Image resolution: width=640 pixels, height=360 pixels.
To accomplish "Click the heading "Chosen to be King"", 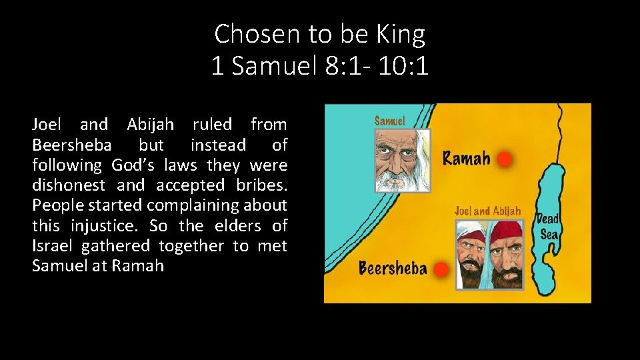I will (x=319, y=33).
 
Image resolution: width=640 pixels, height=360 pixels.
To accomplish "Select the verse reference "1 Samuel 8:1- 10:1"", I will (x=319, y=65).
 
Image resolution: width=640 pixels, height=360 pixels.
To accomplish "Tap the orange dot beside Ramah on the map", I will (x=505, y=159).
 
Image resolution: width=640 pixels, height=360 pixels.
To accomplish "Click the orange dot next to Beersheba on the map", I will (x=439, y=269).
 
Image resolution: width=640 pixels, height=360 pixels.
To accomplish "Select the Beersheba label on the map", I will (x=393, y=269).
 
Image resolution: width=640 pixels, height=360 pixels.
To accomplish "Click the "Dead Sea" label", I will (x=549, y=227).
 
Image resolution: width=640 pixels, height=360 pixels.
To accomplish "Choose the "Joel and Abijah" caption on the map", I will (x=487, y=211).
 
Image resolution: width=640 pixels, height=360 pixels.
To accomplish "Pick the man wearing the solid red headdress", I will (x=505, y=253).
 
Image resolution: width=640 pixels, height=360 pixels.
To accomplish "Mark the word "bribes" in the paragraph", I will (x=265, y=185).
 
